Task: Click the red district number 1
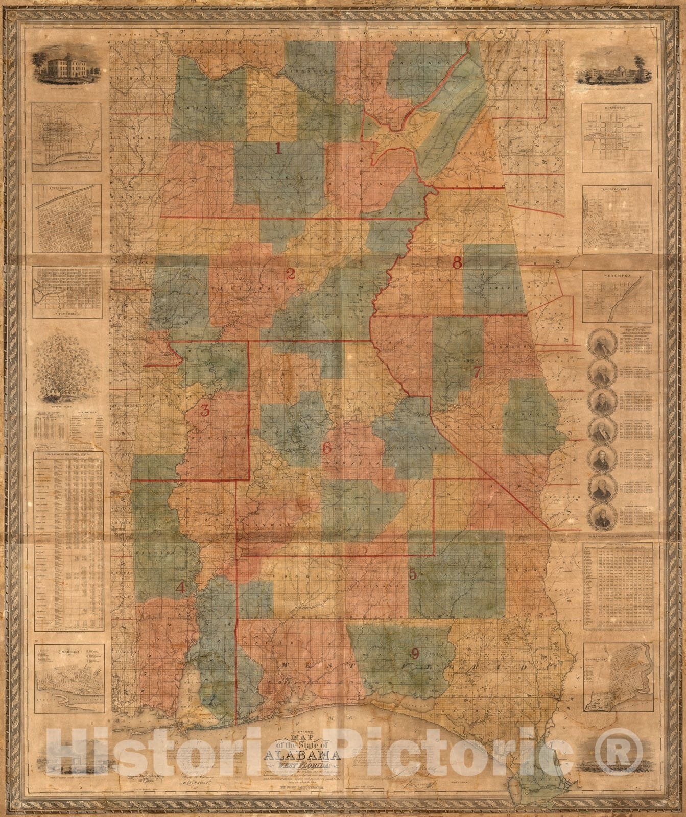278,149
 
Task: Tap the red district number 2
291,274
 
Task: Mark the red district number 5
413,574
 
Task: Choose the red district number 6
327,448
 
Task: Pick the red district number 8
457,263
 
